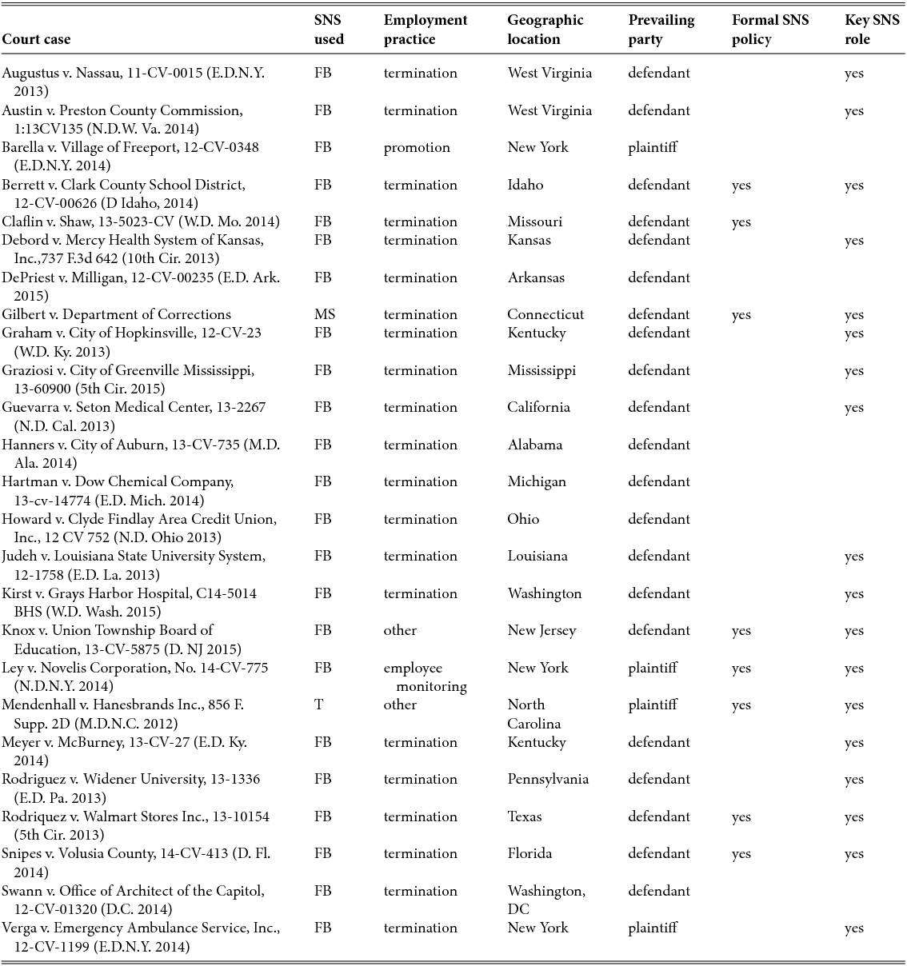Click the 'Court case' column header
[x=36, y=39]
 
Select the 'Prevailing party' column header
[x=661, y=30]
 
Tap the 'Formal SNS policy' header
[x=769, y=30]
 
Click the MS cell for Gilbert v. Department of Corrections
[x=325, y=314]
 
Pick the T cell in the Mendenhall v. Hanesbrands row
[x=319, y=705]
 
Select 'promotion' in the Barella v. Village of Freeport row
[x=416, y=147]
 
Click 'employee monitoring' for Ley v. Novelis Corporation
[x=424, y=677]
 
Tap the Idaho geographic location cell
[x=525, y=185]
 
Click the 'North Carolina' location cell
[x=533, y=714]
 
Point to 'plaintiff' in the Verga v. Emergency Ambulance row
[x=652, y=928]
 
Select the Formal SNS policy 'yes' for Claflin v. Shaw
[x=741, y=222]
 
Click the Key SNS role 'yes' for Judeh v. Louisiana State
[x=853, y=556]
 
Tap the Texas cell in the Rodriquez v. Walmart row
[x=524, y=816]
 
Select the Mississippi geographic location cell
[x=541, y=370]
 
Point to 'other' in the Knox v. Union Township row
[x=400, y=630]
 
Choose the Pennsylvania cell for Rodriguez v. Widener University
[x=547, y=779]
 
